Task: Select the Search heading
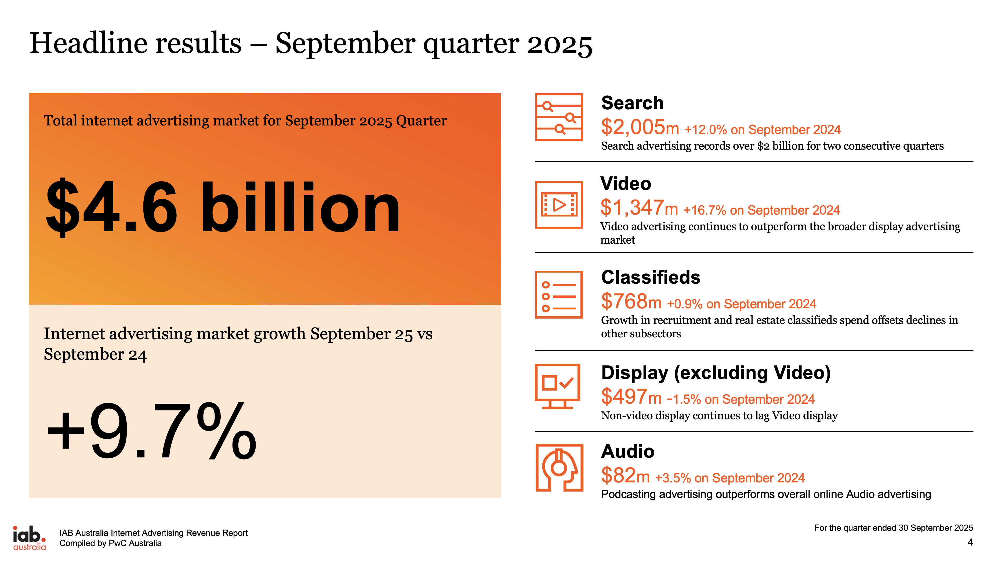click(x=632, y=103)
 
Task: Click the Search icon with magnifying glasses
click(x=558, y=117)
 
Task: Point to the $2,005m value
click(x=640, y=127)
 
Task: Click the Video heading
click(x=626, y=184)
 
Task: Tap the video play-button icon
click(x=558, y=205)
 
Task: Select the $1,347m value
click(x=639, y=208)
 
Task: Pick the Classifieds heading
click(x=650, y=277)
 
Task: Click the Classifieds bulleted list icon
click(x=558, y=295)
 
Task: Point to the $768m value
click(x=631, y=302)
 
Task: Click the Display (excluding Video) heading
click(x=716, y=373)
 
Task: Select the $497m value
click(x=631, y=397)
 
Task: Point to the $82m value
click(x=625, y=475)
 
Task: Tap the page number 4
click(x=970, y=542)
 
